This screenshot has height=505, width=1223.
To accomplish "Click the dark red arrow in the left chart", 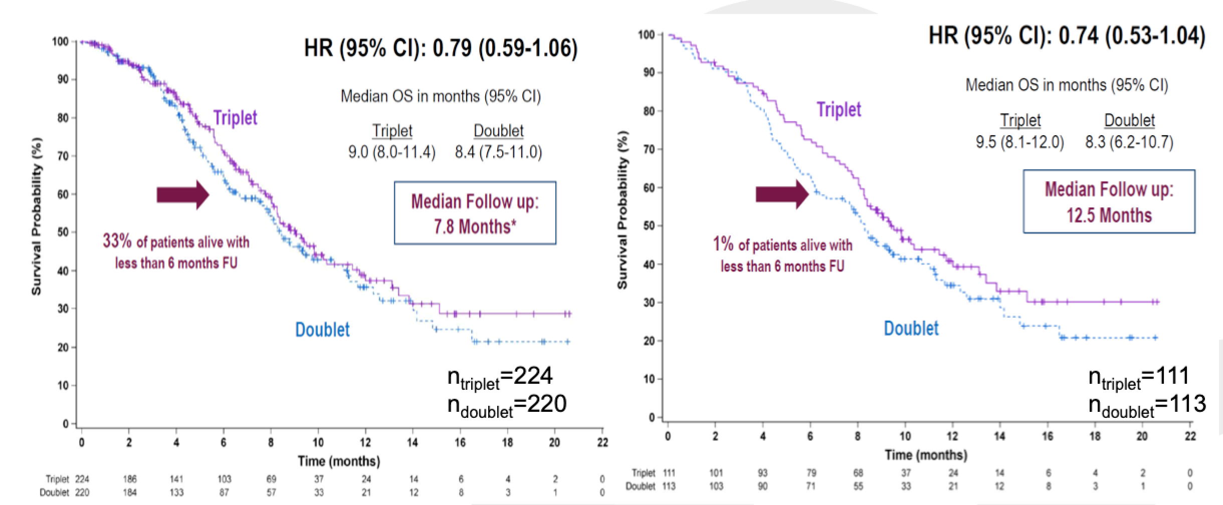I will click(182, 194).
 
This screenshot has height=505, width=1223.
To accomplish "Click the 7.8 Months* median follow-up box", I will click(475, 213).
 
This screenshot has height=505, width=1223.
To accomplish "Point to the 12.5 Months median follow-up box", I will click(1109, 201).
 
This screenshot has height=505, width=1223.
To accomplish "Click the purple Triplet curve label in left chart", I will click(235, 118).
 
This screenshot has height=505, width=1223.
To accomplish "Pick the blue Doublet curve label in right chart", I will click(911, 328).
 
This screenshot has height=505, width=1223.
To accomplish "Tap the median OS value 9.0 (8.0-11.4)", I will click(391, 152).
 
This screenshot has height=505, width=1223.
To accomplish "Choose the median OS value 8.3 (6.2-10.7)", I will click(1129, 142).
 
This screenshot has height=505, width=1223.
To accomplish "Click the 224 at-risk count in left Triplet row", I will click(82, 479).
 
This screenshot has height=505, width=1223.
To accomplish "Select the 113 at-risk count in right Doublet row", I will click(669, 486).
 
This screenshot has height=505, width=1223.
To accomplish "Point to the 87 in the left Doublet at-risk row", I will click(224, 492).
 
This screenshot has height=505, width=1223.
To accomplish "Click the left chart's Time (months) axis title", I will click(339, 460).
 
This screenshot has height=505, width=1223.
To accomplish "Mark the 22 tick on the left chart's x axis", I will click(602, 442).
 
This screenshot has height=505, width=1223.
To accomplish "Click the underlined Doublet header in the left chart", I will click(498, 131).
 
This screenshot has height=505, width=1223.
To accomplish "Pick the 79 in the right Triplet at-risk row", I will click(811, 473).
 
